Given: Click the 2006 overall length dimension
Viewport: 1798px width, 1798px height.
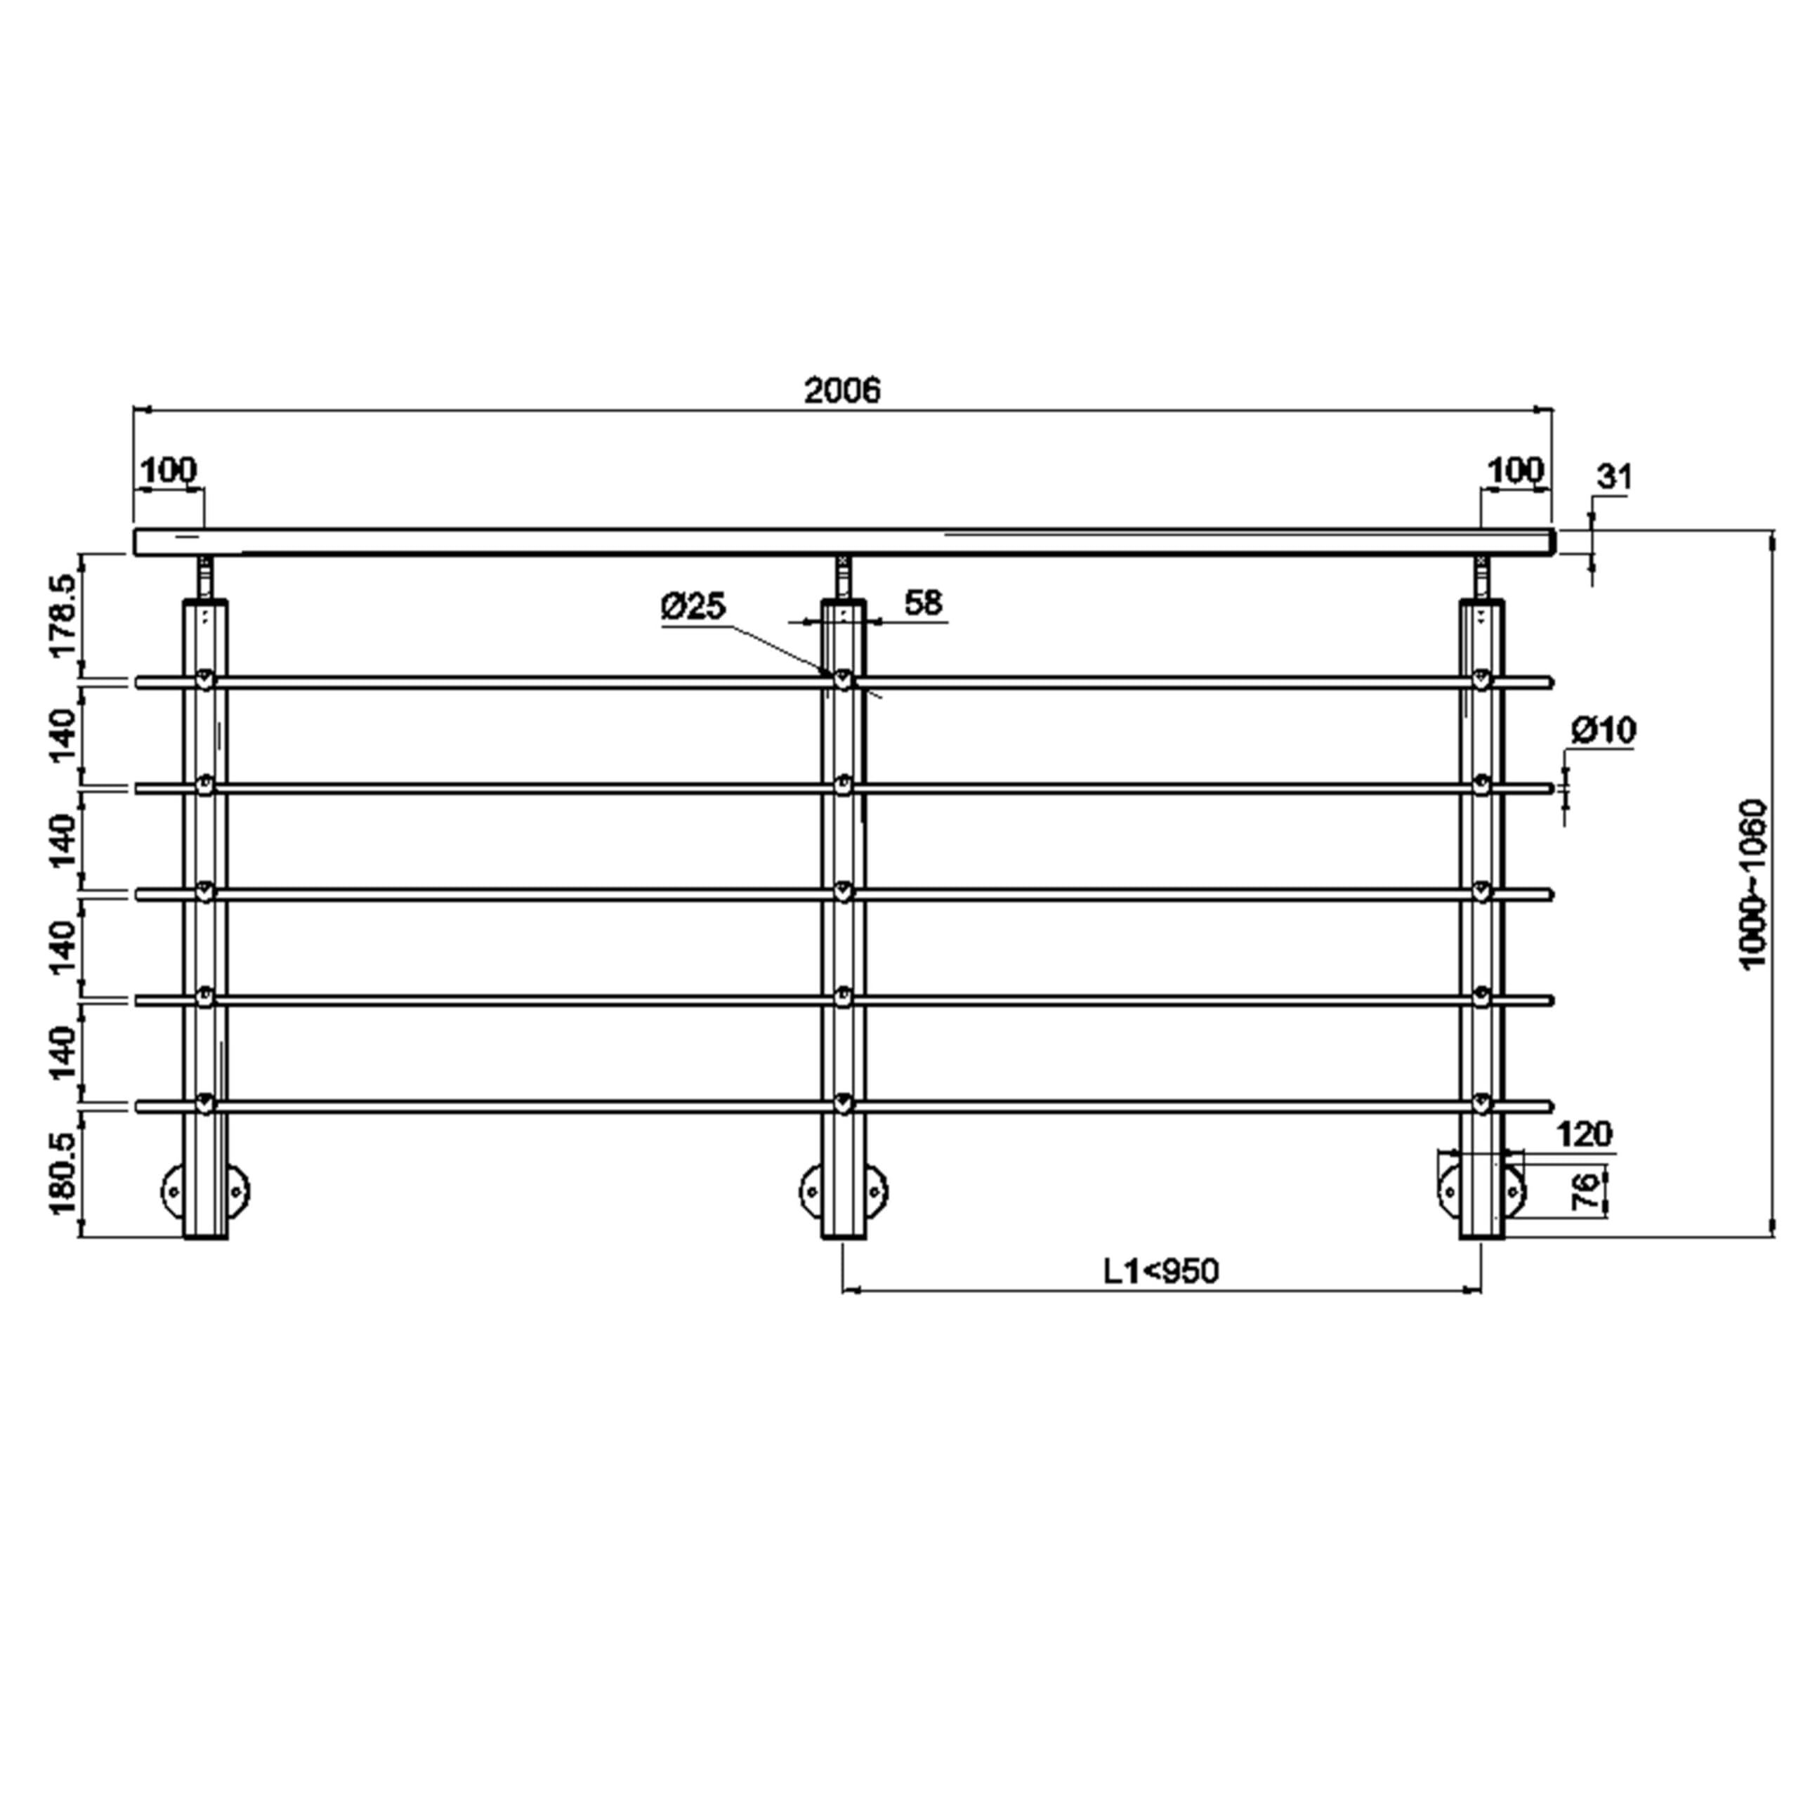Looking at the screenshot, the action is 842,390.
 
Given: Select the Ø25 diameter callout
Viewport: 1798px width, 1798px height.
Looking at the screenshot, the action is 693,607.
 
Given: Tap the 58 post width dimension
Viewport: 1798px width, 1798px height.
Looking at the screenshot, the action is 923,603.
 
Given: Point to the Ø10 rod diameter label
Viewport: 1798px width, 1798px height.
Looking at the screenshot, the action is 1603,730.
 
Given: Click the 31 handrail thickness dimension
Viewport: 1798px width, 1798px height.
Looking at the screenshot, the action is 1615,478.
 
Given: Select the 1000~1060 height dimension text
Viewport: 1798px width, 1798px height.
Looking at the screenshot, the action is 1752,885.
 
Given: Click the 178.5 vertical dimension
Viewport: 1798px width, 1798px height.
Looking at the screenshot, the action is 64,616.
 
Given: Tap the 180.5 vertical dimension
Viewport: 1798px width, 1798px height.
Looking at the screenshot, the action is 64,1174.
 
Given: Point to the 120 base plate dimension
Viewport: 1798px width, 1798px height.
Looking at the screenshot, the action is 1584,1134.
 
